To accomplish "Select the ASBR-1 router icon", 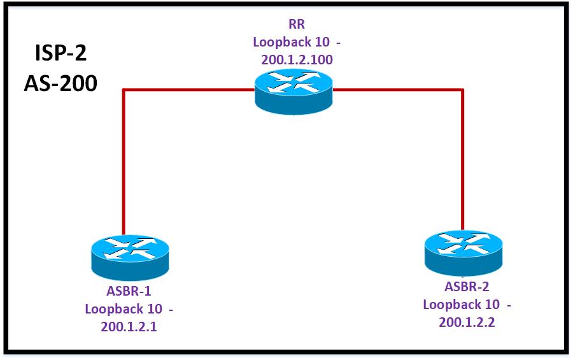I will coord(130,255).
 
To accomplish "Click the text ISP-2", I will coord(60,53).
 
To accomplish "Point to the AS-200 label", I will coord(60,83).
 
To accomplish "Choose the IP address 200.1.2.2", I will coord(467,322).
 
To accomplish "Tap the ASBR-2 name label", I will coord(467,287).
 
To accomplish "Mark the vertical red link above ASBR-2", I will coord(463,159).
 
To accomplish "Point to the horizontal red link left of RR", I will coord(188,90).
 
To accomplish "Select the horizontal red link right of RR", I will coord(398,90).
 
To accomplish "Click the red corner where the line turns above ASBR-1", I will coord(123,90).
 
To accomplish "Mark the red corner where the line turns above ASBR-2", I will coord(463,90).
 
